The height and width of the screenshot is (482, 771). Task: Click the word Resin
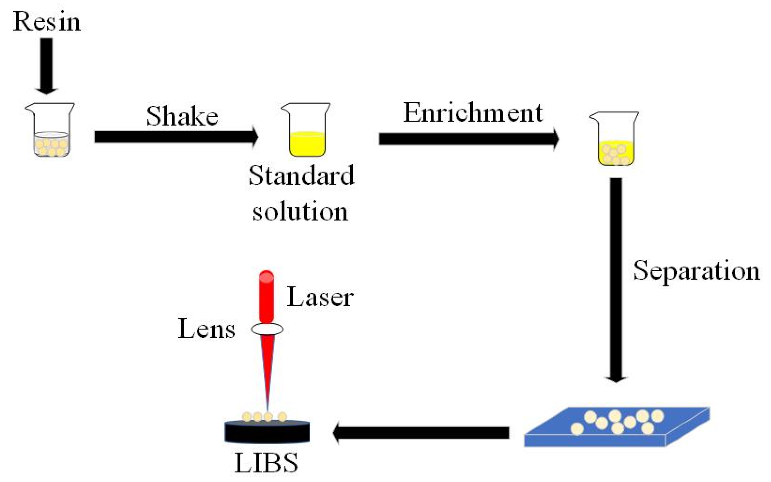pos(47,22)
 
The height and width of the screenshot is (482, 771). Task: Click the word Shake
pos(182,116)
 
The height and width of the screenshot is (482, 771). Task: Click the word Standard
pos(301,175)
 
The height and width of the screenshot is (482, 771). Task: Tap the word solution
pos(300,211)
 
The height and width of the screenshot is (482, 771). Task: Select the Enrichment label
pos(473,113)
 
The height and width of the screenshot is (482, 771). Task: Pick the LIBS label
pos(266,463)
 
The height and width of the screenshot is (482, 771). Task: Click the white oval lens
pos(267,329)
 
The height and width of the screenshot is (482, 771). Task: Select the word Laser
pos(320,297)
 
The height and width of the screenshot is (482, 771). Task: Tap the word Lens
pos(207,329)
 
